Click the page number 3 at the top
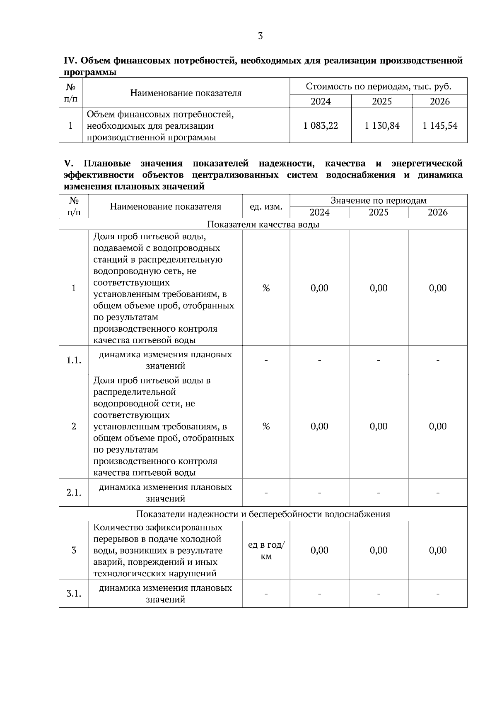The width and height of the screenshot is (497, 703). pos(260,36)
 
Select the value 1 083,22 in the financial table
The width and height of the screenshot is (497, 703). pos(321,126)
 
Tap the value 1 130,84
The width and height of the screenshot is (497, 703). pos(382,126)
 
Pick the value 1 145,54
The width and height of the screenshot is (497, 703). pos(440,126)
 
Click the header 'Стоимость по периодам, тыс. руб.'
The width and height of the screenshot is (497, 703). pos(379,87)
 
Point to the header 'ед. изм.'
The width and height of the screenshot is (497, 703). pos(266,206)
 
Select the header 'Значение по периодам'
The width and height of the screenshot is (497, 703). pos(379,200)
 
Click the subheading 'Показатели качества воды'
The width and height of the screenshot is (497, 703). pos(263,224)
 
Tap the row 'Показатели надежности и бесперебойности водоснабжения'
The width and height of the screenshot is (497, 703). pos(263,514)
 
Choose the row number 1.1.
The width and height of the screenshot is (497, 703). pos(74,360)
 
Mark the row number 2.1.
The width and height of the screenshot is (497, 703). pos(74,493)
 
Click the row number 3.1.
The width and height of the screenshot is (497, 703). pos(74,594)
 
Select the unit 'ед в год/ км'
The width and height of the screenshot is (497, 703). pos(266,551)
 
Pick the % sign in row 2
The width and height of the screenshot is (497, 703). pos(266,426)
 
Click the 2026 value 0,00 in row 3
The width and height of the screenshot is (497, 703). pos(438,550)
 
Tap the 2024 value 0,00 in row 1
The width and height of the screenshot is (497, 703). pos(319,288)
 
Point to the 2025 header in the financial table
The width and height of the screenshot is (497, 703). pos(382,101)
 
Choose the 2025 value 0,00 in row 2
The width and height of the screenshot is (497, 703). pos(379,426)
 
